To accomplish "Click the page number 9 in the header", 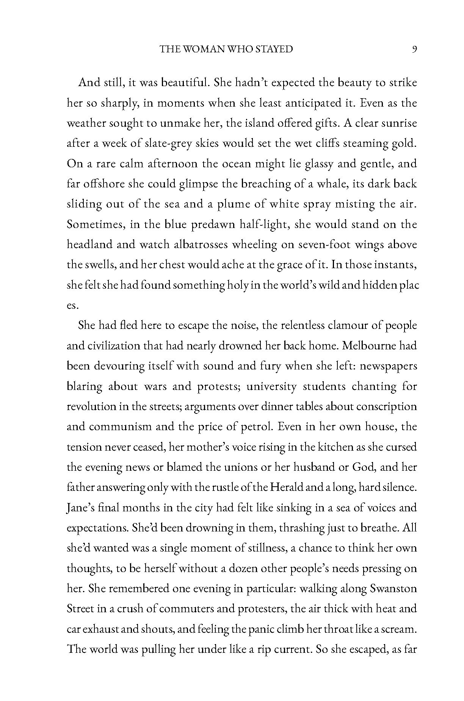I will click(x=414, y=49).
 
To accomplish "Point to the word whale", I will click(x=323, y=184).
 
